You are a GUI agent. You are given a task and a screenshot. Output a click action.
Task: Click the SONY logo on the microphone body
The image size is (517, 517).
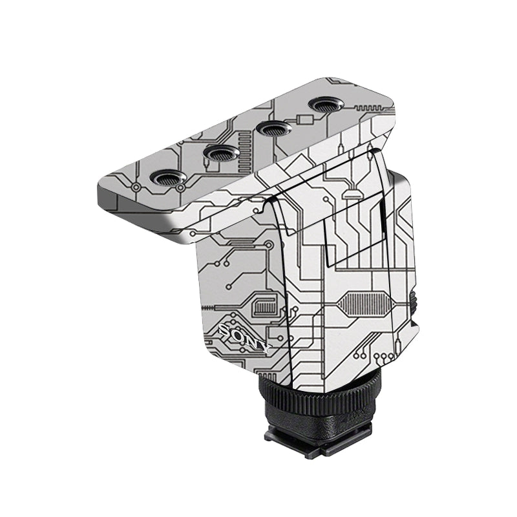click(244, 337)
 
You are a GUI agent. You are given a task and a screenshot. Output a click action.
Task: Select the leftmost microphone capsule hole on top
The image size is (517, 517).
click(168, 178)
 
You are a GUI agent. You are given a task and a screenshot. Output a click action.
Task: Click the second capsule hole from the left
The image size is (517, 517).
click(222, 153)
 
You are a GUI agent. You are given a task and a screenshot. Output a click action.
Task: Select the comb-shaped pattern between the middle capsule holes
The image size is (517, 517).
click(246, 149)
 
